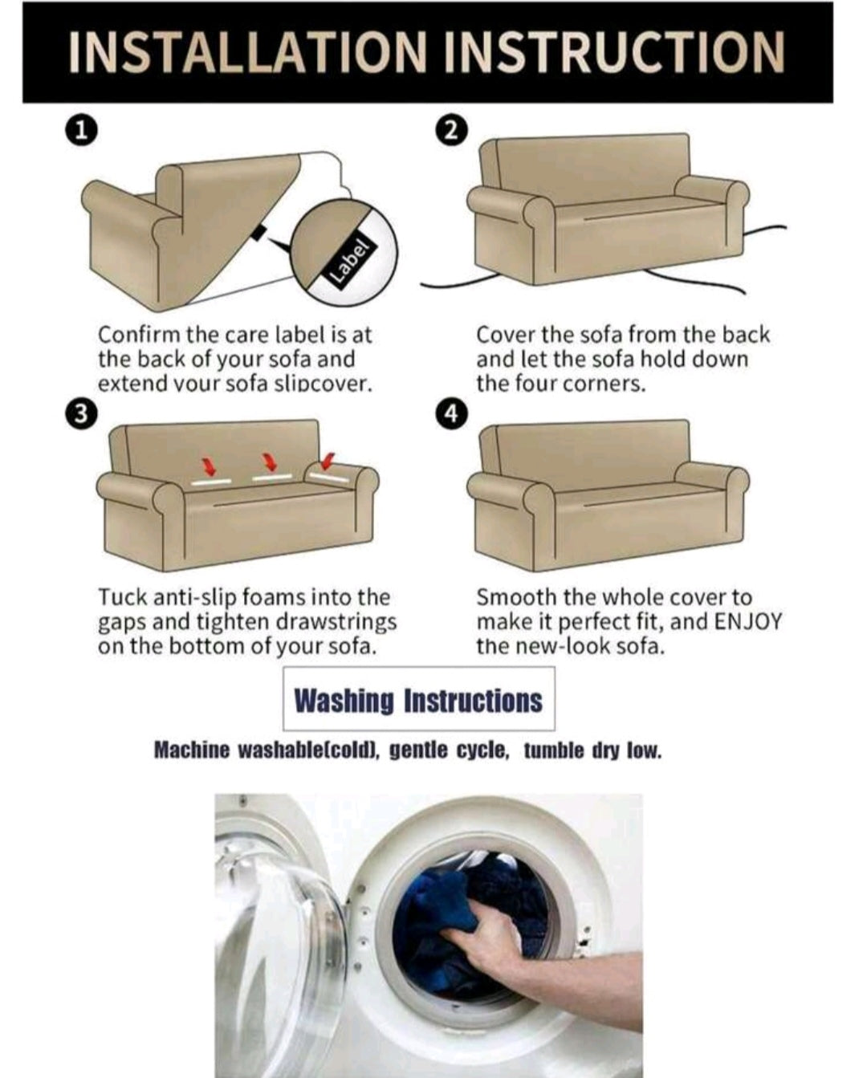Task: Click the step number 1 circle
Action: (81, 131)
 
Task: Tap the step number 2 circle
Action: (452, 131)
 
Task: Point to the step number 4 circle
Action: (452, 413)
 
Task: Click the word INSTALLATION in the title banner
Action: (246, 52)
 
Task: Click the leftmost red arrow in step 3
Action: (210, 466)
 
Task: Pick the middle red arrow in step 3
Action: (271, 462)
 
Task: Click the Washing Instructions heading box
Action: (419, 698)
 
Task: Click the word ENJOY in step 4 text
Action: (747, 621)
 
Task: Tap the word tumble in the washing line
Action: (554, 765)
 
